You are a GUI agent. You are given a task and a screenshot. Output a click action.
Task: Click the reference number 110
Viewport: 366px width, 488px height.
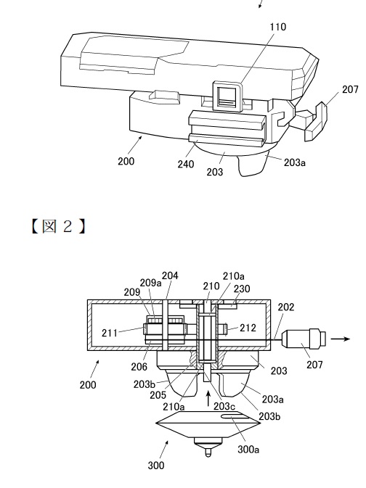pyautogui.click(x=278, y=27)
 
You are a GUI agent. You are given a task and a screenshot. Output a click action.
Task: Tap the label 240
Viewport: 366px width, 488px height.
pyautogui.click(x=186, y=164)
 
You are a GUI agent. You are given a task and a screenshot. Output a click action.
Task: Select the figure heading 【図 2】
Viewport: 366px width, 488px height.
pyautogui.click(x=58, y=226)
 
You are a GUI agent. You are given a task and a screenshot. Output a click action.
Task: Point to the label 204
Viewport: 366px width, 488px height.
pyautogui.click(x=170, y=276)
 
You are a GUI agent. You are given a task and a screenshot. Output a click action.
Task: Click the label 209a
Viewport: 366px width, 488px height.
pyautogui.click(x=150, y=283)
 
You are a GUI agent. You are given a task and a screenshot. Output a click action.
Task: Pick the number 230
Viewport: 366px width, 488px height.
pyautogui.click(x=242, y=289)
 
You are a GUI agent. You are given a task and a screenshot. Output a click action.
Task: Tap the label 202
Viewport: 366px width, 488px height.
pyautogui.click(x=286, y=307)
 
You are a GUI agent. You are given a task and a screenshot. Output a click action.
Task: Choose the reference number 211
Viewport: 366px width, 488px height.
pyautogui.click(x=110, y=334)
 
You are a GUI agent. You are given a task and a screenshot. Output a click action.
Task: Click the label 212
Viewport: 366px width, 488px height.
pyautogui.click(x=248, y=328)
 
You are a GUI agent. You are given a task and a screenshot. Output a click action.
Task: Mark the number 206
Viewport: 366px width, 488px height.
pyautogui.click(x=139, y=367)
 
